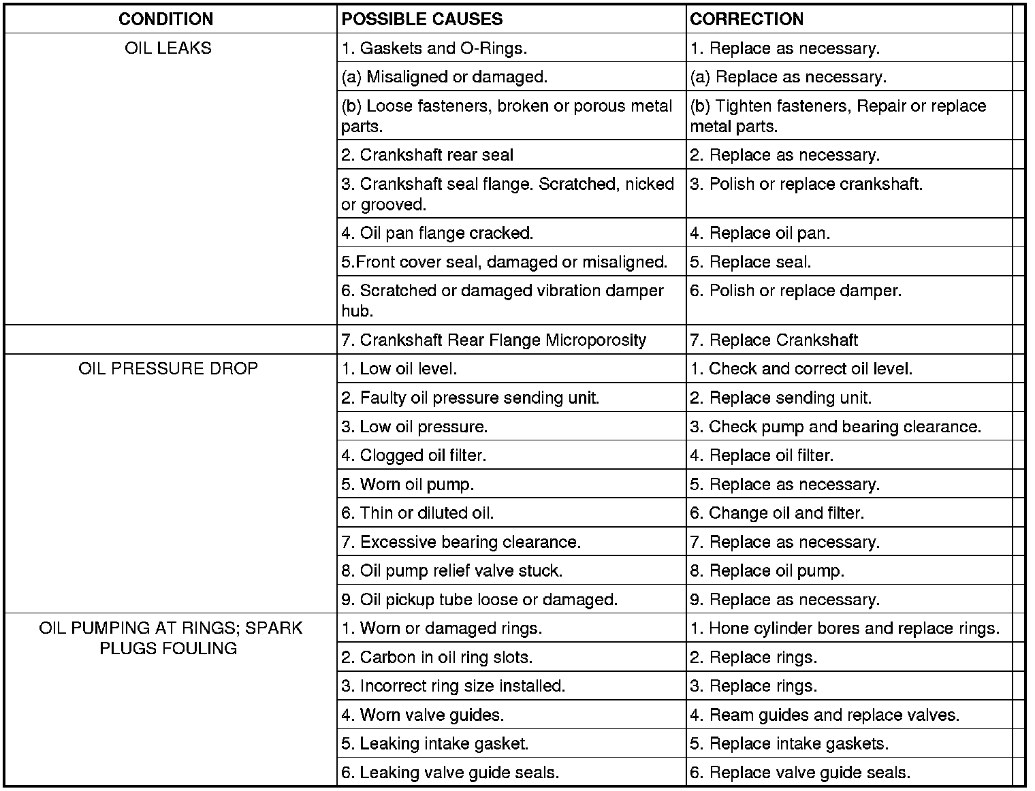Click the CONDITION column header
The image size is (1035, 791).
pyautogui.click(x=165, y=19)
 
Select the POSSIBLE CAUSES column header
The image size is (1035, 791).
pyautogui.click(x=422, y=19)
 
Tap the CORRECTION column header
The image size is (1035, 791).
pyautogui.click(x=746, y=19)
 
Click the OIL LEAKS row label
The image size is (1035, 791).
pyautogui.click(x=168, y=48)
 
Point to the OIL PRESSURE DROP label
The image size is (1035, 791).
pyautogui.click(x=168, y=369)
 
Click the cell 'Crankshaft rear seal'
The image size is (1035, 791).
pyautogui.click(x=428, y=155)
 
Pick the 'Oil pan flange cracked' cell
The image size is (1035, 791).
pyautogui.click(x=437, y=233)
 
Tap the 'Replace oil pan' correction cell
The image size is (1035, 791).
pyautogui.click(x=760, y=233)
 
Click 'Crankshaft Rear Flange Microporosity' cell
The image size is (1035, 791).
pyautogui.click(x=494, y=340)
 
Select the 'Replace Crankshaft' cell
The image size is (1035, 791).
pyautogui.click(x=774, y=340)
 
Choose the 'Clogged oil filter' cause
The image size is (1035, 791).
pyautogui.click(x=414, y=455)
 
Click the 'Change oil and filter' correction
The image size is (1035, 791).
pyautogui.click(x=777, y=513)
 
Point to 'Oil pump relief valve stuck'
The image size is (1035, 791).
pyautogui.click(x=452, y=571)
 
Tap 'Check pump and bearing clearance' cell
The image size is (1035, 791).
pyautogui.click(x=835, y=427)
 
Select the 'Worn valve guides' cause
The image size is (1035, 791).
pyautogui.click(x=423, y=715)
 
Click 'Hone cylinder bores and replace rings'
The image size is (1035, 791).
pyautogui.click(x=844, y=628)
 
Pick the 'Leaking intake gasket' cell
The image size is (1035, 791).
pyautogui.click(x=435, y=744)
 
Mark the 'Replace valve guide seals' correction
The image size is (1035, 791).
pyautogui.click(x=800, y=773)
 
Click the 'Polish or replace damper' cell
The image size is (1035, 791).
pyautogui.click(x=795, y=291)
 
